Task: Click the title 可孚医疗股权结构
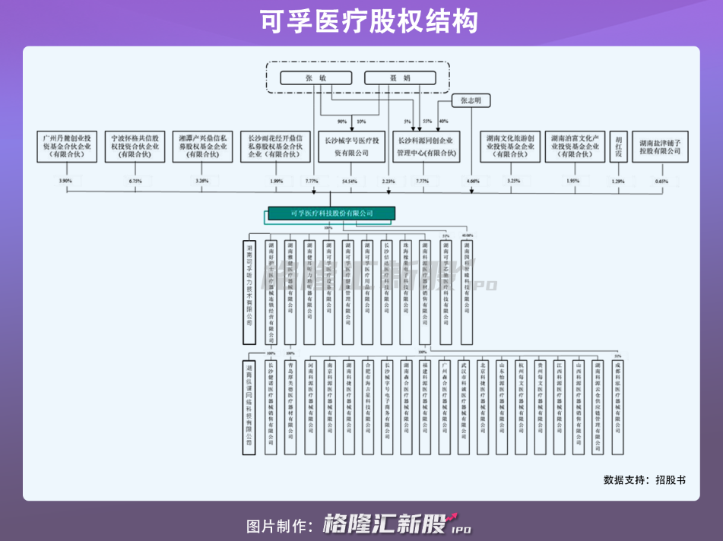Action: click(x=361, y=21)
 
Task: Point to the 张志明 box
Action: click(x=471, y=100)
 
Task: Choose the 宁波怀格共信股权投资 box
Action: click(x=136, y=146)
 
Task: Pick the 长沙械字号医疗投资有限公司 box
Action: click(x=351, y=146)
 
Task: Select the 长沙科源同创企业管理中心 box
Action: click(x=426, y=146)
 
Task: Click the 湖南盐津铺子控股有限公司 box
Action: click(x=659, y=146)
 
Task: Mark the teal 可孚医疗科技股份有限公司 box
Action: click(x=331, y=214)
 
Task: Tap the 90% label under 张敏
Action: click(x=341, y=122)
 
